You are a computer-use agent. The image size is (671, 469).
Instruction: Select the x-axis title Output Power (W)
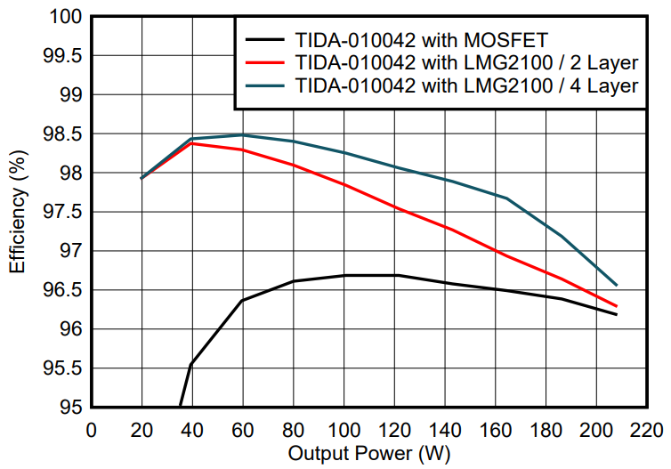click(x=369, y=453)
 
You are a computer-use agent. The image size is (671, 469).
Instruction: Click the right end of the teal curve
click(x=617, y=285)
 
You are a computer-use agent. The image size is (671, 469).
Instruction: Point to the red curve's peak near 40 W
click(x=193, y=143)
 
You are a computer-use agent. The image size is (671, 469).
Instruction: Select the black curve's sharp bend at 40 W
click(x=191, y=364)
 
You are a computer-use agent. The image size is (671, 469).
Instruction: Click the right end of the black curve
click(x=617, y=314)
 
